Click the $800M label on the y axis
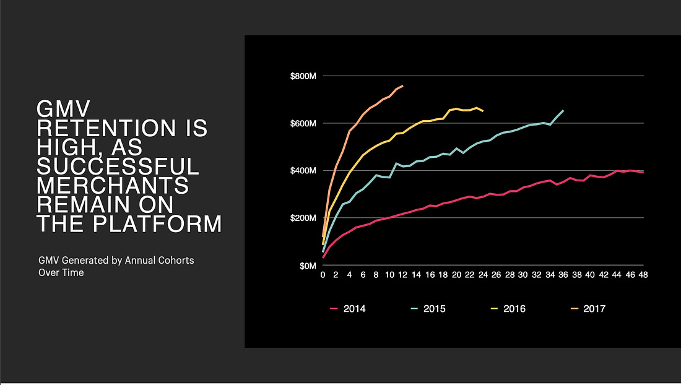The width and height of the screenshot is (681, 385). click(x=303, y=76)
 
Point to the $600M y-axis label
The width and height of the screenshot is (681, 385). click(x=303, y=124)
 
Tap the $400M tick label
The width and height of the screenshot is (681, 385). click(x=303, y=171)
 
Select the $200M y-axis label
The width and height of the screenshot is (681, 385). click(x=303, y=218)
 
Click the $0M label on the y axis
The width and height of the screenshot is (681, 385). click(x=308, y=266)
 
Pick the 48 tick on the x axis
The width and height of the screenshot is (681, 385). click(x=643, y=275)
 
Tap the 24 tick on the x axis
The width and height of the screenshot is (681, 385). click(x=483, y=275)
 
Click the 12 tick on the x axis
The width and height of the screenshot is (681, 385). click(x=402, y=275)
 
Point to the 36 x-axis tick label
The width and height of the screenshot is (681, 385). click(x=563, y=275)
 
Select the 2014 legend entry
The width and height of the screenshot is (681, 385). click(x=348, y=309)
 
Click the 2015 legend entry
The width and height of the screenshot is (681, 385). click(x=428, y=309)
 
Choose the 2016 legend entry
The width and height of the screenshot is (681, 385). click(x=508, y=309)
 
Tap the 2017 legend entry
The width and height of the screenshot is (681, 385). click(x=588, y=309)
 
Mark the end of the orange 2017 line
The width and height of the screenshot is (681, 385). click(x=403, y=85)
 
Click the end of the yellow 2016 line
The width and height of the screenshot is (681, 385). click(x=483, y=111)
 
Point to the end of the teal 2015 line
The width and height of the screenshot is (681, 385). click(x=563, y=110)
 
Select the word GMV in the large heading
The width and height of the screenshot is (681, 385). click(x=63, y=108)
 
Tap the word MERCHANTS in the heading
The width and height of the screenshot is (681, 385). click(x=113, y=185)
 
